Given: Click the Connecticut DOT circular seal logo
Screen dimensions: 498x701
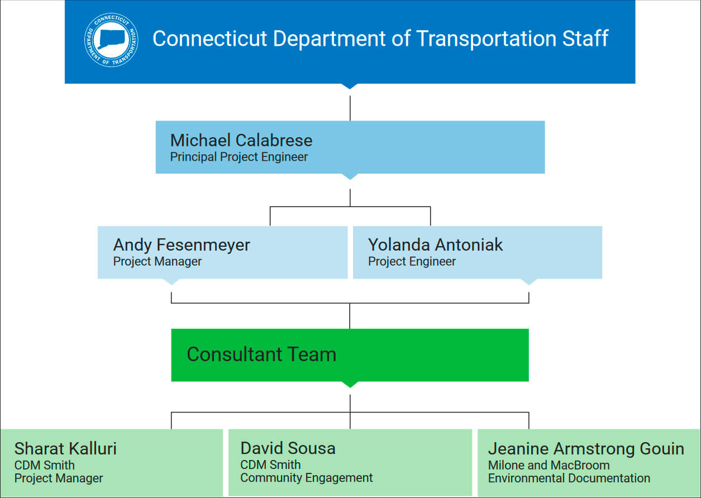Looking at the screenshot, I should (x=112, y=40).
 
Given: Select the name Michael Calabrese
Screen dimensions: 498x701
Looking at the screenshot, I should (x=241, y=140).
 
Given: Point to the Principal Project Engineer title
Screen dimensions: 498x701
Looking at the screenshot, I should (x=239, y=157).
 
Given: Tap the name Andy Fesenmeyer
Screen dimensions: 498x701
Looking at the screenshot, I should (x=182, y=245).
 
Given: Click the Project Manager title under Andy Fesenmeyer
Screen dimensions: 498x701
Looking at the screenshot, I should (x=158, y=261).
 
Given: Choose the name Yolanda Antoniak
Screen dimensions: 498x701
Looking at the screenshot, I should (x=435, y=245).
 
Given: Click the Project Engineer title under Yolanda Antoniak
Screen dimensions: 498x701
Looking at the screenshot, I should (x=412, y=261).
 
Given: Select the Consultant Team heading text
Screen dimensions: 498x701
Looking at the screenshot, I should (x=261, y=355).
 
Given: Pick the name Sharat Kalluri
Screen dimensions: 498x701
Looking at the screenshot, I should (x=65, y=448).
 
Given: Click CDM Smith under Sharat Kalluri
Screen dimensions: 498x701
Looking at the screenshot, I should (x=44, y=465).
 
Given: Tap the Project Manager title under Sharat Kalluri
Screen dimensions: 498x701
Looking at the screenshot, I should (x=59, y=478).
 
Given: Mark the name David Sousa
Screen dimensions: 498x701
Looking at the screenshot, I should (x=288, y=448).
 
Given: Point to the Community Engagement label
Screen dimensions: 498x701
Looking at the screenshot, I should (x=307, y=478).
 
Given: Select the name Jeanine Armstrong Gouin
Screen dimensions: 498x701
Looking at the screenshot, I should (x=586, y=448).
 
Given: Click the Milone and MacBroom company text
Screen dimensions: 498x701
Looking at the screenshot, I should (x=549, y=465).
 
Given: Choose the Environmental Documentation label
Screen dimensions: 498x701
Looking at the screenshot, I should (x=569, y=478).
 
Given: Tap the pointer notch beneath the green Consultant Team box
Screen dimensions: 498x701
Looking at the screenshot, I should (x=350, y=384).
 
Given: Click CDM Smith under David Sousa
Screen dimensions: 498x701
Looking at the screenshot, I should (x=270, y=465).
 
